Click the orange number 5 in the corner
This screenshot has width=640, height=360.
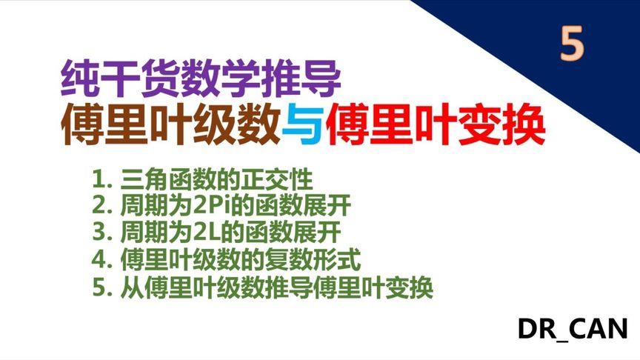[x=572, y=44]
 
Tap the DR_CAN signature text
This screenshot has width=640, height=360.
[x=573, y=328]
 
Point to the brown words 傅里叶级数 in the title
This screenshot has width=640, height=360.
[x=170, y=127]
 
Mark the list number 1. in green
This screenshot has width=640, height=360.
[x=101, y=180]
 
